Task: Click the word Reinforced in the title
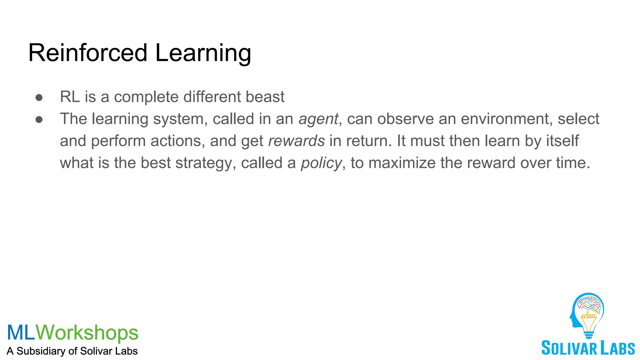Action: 87,53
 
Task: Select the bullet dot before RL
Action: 39,97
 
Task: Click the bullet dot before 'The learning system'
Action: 39,120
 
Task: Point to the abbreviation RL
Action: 70,97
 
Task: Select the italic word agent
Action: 318,119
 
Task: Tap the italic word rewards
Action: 297,141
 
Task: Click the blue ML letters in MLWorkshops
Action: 21,332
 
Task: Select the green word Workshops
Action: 87,333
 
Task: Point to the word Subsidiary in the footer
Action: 41,351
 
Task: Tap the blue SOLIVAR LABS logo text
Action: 588,348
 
